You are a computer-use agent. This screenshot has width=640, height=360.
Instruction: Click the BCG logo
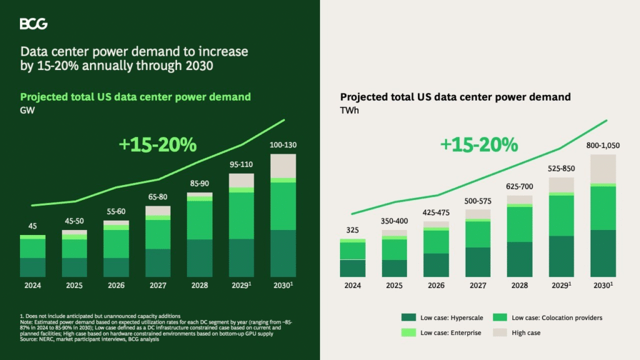coord(33,24)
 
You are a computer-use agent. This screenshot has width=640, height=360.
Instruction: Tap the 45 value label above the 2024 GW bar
coord(32,226)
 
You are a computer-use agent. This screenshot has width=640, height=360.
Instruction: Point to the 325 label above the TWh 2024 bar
coord(353,231)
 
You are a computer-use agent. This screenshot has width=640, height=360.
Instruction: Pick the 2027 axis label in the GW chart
coord(157,286)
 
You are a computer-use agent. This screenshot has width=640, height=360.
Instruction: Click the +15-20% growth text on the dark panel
coord(157,144)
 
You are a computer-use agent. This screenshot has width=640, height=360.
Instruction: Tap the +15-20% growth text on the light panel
coord(479,144)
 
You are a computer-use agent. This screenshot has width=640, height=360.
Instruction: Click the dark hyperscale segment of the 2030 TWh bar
coord(603,253)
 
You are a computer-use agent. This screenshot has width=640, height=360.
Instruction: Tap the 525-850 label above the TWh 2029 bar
coord(561,169)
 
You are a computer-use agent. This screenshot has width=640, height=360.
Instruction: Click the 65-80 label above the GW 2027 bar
coord(157,197)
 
